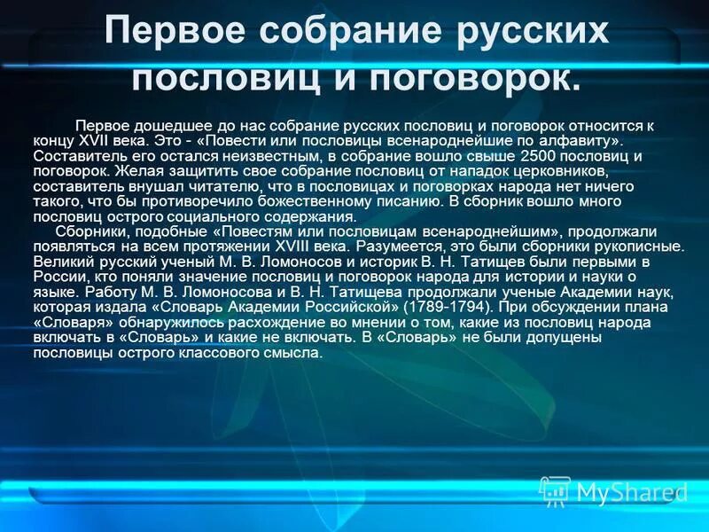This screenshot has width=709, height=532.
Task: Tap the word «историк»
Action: coord(375,262)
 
